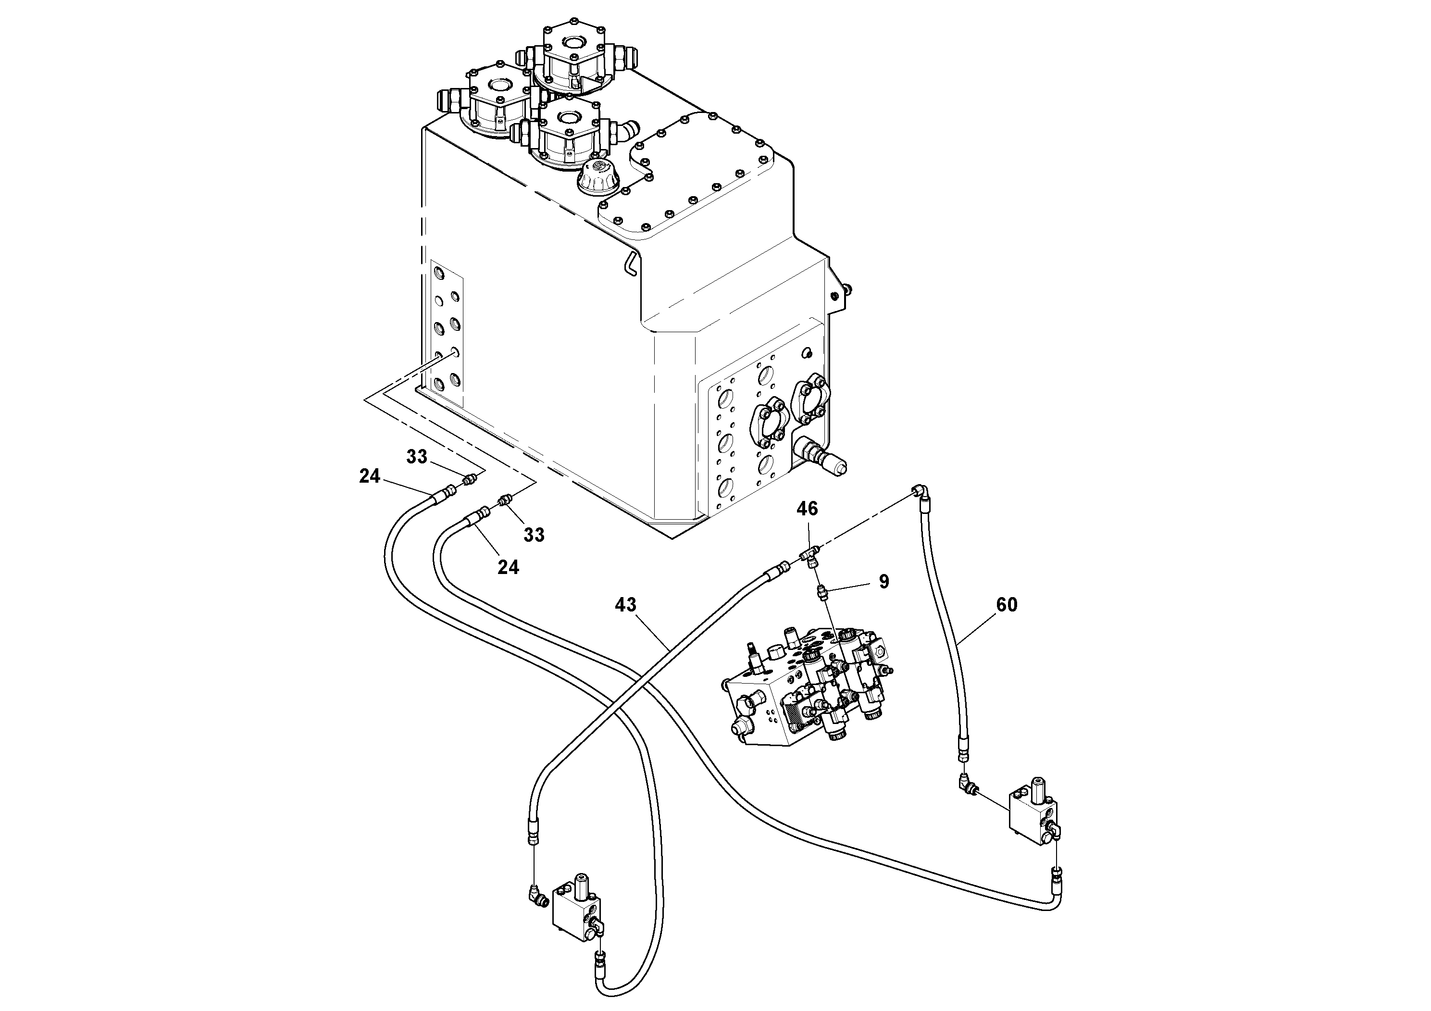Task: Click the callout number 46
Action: (x=807, y=509)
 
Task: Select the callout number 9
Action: (x=884, y=582)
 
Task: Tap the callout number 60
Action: (x=1007, y=605)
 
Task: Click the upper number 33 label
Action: (x=417, y=457)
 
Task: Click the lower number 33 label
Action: (x=534, y=535)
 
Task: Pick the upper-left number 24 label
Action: (x=370, y=476)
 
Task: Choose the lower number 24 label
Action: (x=508, y=567)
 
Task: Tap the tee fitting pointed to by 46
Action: (x=809, y=553)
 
